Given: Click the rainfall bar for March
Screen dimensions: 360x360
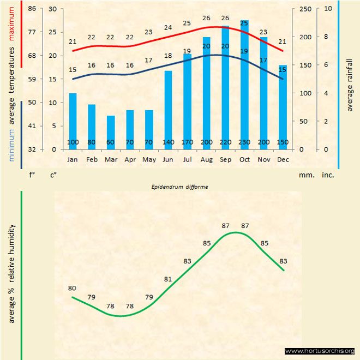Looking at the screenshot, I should click(x=111, y=132).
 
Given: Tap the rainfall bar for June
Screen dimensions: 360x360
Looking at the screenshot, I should click(x=168, y=109).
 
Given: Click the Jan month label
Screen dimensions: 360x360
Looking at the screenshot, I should click(x=73, y=160).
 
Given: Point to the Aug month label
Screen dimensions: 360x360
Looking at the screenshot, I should click(x=206, y=160).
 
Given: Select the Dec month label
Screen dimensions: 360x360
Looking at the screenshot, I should click(x=283, y=160).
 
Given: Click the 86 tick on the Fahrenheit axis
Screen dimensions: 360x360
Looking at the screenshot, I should click(x=32, y=9).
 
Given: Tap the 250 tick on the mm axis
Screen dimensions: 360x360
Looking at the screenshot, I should click(x=305, y=9).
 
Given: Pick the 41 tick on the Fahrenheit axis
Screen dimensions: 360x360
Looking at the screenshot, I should click(x=32, y=126).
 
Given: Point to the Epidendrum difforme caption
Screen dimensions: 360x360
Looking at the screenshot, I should click(x=179, y=186).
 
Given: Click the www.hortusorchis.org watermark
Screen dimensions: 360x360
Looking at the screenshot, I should click(x=320, y=351).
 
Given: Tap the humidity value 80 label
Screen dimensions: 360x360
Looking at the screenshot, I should click(x=72, y=288).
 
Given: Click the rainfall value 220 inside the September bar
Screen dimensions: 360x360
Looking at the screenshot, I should click(x=225, y=142).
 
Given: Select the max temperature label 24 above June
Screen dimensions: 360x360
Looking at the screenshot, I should click(x=168, y=27).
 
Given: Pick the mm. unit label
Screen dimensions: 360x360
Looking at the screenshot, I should click(x=306, y=175).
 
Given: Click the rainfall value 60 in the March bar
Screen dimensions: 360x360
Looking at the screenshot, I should click(x=111, y=142).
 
